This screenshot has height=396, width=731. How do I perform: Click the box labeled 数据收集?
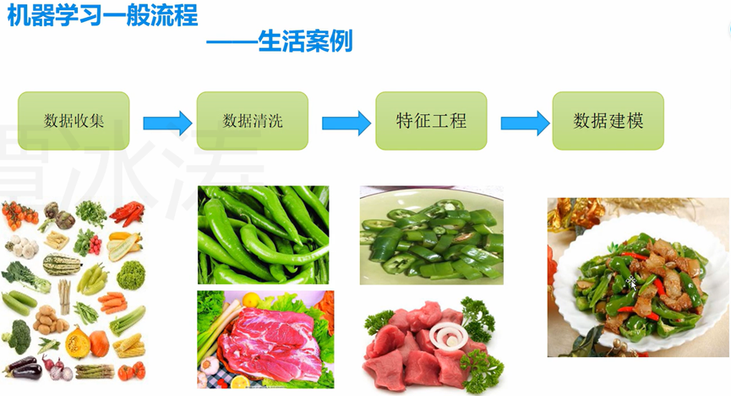(74, 121)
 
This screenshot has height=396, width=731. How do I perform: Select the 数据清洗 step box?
(253, 121)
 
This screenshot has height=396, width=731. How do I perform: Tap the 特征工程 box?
(431, 121)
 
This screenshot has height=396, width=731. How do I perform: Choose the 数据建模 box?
(608, 121)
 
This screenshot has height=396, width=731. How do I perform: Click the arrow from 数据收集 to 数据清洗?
(166, 124)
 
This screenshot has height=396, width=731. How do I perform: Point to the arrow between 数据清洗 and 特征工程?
(346, 124)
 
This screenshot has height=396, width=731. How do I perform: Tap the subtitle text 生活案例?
(305, 41)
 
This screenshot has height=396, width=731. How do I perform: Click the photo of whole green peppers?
(263, 234)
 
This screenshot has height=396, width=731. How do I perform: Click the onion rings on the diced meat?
(445, 337)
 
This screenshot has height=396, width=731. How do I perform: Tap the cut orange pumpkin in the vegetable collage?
(78, 342)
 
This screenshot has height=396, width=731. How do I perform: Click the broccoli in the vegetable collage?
(18, 335)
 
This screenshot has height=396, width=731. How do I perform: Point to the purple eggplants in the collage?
(24, 368)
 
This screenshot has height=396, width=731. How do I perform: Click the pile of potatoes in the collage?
(50, 320)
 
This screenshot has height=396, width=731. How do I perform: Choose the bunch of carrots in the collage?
(112, 301)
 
